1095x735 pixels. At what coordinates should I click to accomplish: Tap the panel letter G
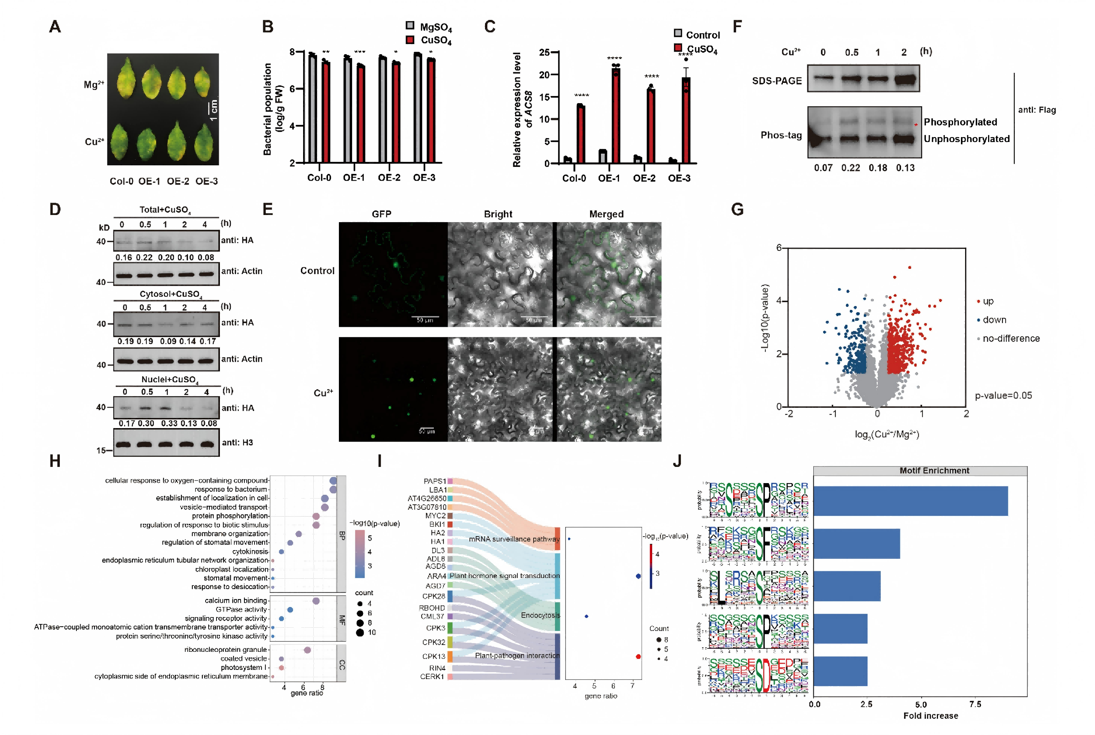(737, 209)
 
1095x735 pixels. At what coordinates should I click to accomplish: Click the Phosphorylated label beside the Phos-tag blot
(959, 122)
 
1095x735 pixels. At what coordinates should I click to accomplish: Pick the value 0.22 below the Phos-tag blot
(850, 168)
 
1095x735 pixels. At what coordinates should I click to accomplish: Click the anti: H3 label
(237, 442)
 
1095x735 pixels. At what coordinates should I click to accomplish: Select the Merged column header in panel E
(606, 214)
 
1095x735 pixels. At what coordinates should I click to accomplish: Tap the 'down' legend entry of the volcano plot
(994, 320)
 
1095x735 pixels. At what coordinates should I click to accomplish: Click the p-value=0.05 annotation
(1003, 395)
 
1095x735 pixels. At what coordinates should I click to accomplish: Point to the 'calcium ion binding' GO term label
(235, 601)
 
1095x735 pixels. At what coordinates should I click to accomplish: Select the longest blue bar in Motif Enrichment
(910, 501)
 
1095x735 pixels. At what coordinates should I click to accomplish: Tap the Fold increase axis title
(930, 716)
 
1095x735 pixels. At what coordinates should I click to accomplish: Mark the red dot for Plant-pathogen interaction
(638, 656)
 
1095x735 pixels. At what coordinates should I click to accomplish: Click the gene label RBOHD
(432, 608)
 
